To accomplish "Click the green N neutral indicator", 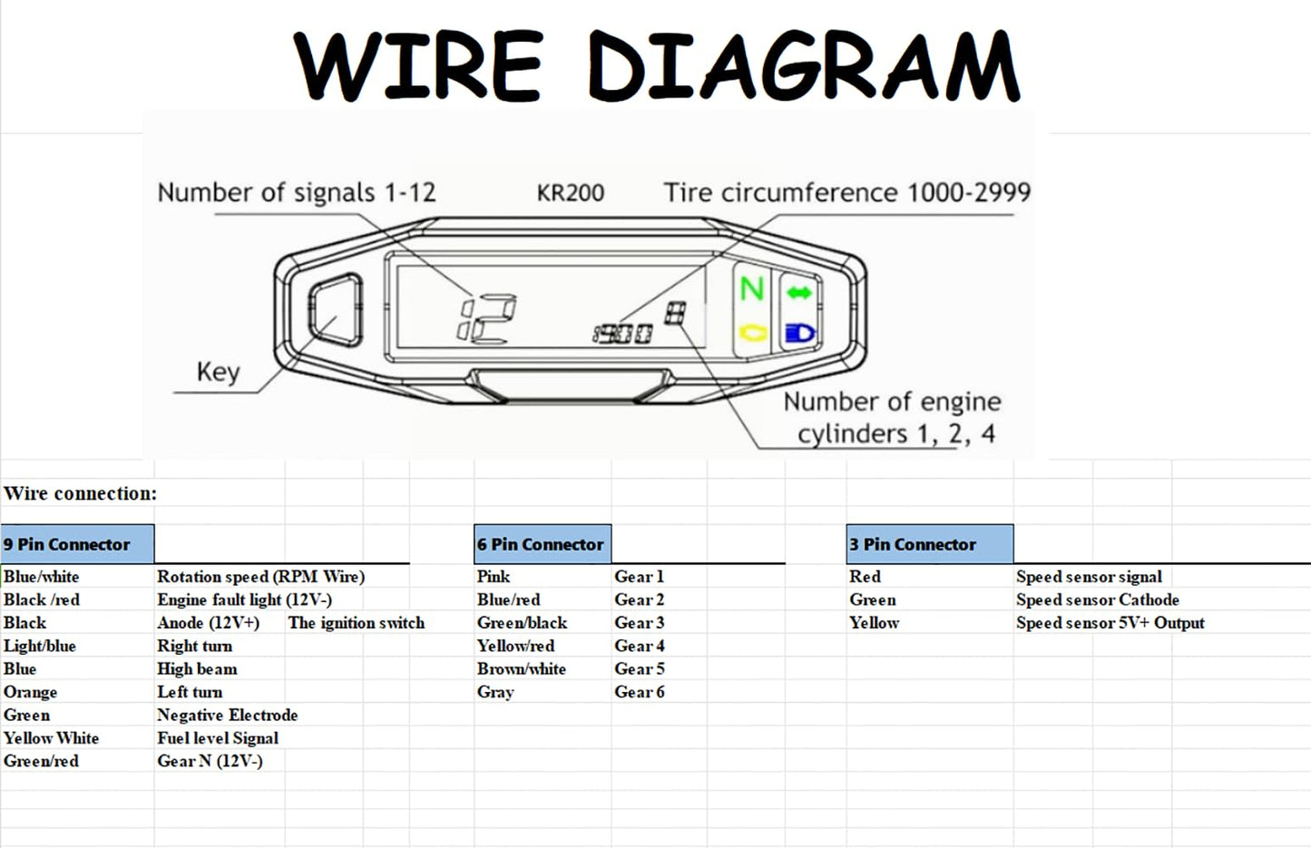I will click(x=751, y=289).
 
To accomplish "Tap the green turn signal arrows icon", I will click(x=799, y=292).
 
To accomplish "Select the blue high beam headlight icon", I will click(x=799, y=334).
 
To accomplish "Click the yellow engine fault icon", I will click(x=752, y=333).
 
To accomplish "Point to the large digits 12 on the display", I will click(x=487, y=319).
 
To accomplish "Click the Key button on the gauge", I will click(x=335, y=308).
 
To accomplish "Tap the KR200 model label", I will click(x=570, y=193).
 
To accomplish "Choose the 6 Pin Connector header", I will click(x=542, y=544).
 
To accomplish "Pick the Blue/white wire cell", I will click(x=42, y=577).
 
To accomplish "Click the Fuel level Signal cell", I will click(x=218, y=738).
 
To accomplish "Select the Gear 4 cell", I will click(x=640, y=646).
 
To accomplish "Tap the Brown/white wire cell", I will click(x=522, y=669).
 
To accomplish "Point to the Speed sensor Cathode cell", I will click(x=1097, y=599).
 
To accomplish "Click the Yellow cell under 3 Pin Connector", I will click(x=874, y=623).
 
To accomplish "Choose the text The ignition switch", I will click(x=357, y=623).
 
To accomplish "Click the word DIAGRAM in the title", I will click(x=804, y=65).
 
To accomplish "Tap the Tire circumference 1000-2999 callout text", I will click(x=846, y=193).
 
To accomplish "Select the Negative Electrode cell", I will click(x=227, y=715).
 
